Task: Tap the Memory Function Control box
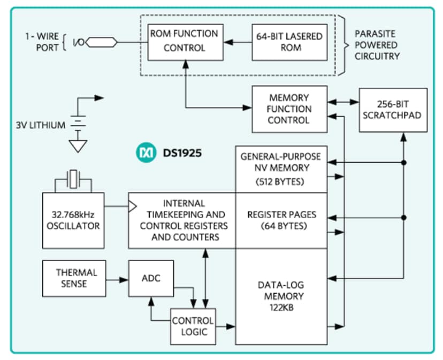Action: click(289, 109)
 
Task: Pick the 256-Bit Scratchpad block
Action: click(393, 110)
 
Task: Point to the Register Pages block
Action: click(281, 220)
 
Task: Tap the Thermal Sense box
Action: click(76, 278)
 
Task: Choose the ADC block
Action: click(151, 278)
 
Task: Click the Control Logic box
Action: click(193, 326)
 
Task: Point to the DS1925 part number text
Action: click(181, 154)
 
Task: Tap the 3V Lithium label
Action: click(41, 125)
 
